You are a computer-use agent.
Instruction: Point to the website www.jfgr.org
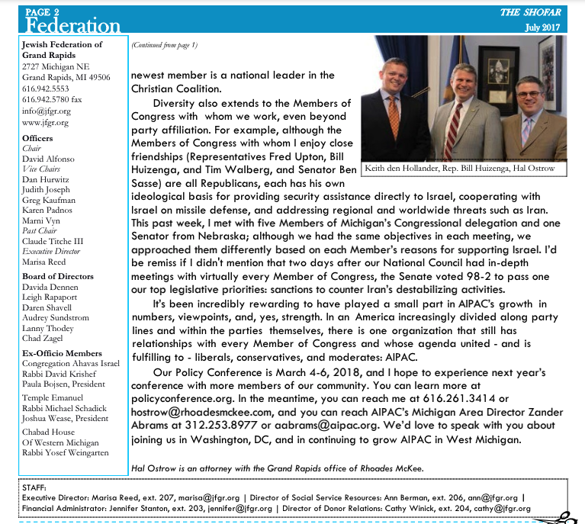pyautogui.click(x=47, y=122)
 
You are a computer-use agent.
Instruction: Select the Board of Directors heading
pyautogui.click(x=59, y=276)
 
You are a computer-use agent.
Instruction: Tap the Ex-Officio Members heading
pyautogui.click(x=63, y=353)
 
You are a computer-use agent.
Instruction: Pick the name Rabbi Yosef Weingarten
pyautogui.click(x=66, y=453)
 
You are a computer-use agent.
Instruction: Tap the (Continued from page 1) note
pyautogui.click(x=164, y=45)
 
